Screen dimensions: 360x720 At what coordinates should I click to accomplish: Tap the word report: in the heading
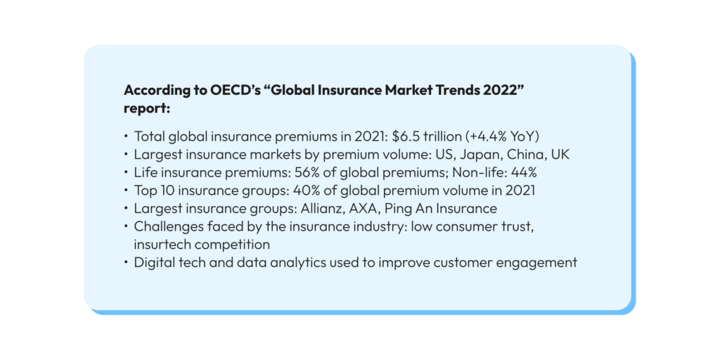point(148,109)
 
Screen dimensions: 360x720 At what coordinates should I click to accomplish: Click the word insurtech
point(160,244)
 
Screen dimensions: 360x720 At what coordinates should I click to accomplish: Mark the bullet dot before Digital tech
point(125,263)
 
